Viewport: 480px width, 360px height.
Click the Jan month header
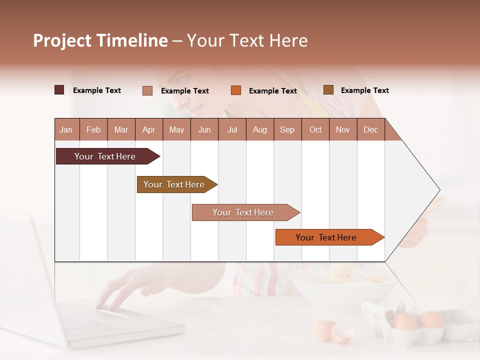pyautogui.click(x=66, y=130)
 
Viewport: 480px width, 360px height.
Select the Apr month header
pyautogui.click(x=149, y=130)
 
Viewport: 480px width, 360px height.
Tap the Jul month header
pyautogui.click(x=232, y=130)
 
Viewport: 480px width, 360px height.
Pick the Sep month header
pyautogui.click(x=287, y=130)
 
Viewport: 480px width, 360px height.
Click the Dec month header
pyautogui.click(x=370, y=130)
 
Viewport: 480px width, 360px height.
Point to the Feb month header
pyautogui.click(x=93, y=130)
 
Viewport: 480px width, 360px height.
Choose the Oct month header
pyautogui.click(x=315, y=130)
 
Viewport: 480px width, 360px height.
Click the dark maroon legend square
pyautogui.click(x=59, y=90)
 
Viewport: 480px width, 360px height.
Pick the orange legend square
pyautogui.click(x=236, y=90)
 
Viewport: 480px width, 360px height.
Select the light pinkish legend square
pyautogui.click(x=147, y=90)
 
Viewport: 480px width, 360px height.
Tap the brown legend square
pyautogui.click(x=328, y=90)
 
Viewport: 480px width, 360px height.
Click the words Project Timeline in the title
pyautogui.click(x=100, y=40)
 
